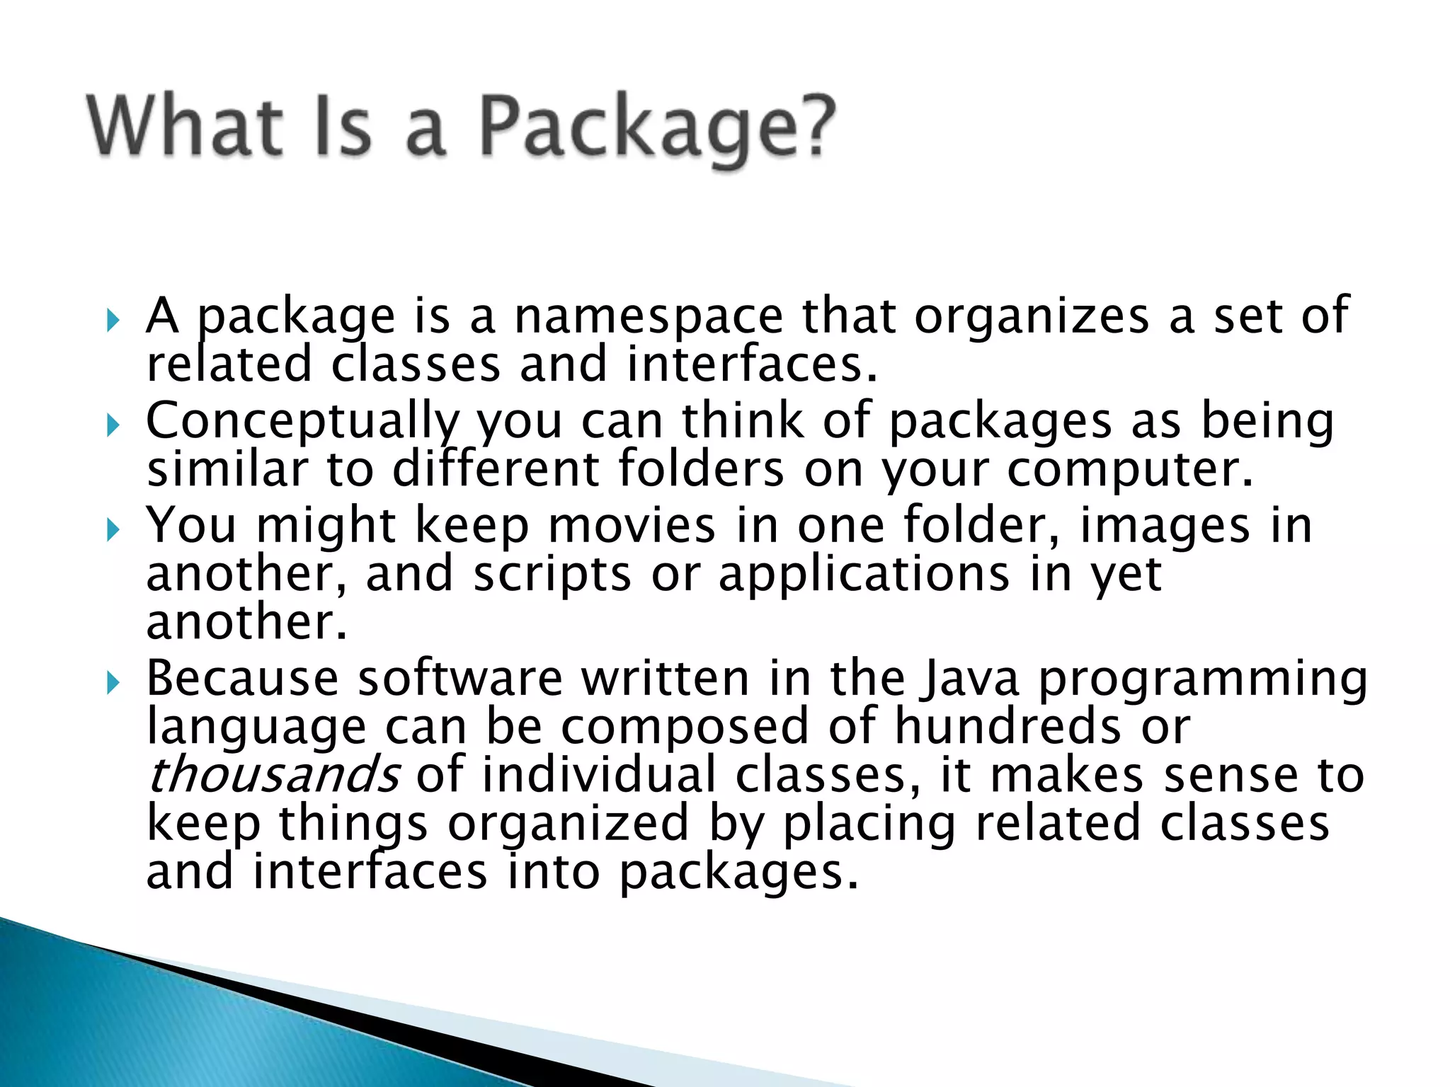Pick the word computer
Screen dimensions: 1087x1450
[x=1129, y=470]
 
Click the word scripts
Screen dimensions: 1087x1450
[x=552, y=574]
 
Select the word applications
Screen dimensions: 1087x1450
[x=864, y=574]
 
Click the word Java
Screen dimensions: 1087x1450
[x=969, y=679]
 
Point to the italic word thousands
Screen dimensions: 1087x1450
[x=273, y=775]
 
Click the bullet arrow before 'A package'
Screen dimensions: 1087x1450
[x=113, y=321]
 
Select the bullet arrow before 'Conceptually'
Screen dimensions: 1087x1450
[x=113, y=425]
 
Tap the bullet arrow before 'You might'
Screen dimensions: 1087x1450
[x=113, y=530]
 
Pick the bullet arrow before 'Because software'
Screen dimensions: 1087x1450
[x=113, y=683]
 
